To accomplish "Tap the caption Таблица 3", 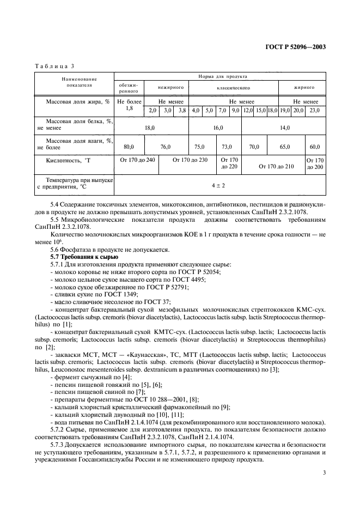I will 54,66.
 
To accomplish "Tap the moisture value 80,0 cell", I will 129,147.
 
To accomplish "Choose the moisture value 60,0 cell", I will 315,147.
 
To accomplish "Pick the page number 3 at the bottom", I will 324,473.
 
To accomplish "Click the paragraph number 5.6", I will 55,249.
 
